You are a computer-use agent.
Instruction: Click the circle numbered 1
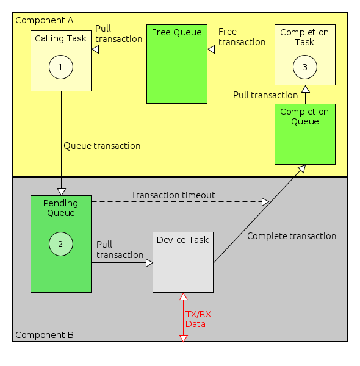point(60,67)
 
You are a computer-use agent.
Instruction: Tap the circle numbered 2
point(60,244)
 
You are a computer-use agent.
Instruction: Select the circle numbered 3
point(304,67)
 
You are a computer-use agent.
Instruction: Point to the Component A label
point(44,20)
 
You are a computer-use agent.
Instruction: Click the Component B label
point(44,335)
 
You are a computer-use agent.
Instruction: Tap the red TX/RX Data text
point(198,319)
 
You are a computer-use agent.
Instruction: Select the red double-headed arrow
point(182,317)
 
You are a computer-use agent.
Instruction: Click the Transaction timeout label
point(173,195)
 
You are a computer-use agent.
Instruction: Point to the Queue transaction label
point(102,146)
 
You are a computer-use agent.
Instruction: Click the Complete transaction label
point(292,236)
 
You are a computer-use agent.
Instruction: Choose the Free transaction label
point(242,37)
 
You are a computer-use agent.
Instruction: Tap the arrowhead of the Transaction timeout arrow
point(265,201)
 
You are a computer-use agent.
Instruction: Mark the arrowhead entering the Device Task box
point(149,263)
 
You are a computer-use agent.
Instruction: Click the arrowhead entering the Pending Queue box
point(61,192)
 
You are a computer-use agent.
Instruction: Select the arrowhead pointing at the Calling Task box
point(95,49)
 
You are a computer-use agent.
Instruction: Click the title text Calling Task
point(60,38)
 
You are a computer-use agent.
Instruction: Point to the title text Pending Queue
point(60,207)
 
